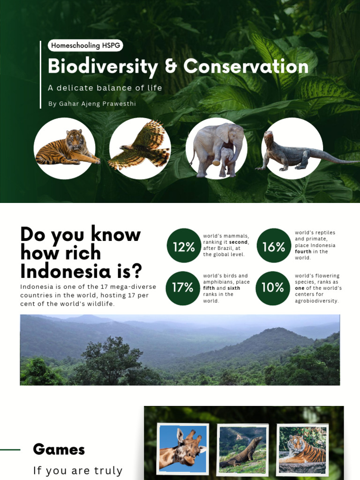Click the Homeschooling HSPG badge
(85, 45)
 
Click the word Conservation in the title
(246, 66)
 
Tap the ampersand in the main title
(171, 67)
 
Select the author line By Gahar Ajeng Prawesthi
(92, 104)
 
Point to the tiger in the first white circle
(67, 148)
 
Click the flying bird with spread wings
(141, 146)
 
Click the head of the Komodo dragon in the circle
(269, 138)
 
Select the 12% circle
(184, 246)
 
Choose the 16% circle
(274, 246)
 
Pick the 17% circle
(183, 288)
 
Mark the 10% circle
(273, 288)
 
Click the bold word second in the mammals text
(239, 242)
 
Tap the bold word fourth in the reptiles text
(304, 252)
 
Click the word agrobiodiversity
(316, 301)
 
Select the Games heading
(59, 450)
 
